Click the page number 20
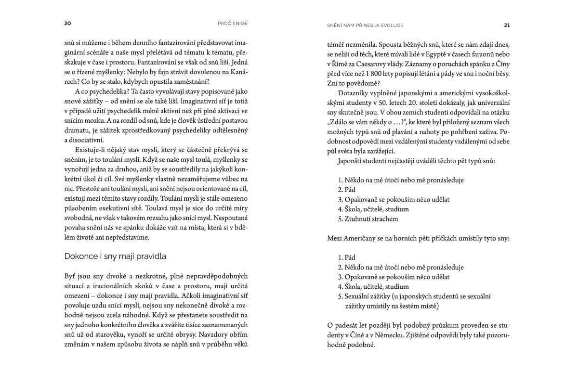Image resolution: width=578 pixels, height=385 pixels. [67, 24]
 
